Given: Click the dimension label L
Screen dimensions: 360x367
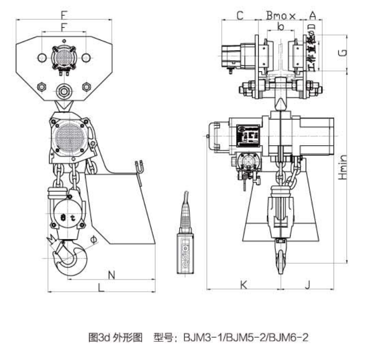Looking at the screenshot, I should pyautogui.click(x=101, y=287).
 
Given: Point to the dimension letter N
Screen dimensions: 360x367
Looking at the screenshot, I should pyautogui.click(x=112, y=274).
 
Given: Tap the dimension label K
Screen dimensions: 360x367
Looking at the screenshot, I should pyautogui.click(x=243, y=285).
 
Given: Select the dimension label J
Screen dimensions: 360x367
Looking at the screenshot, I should pyautogui.click(x=307, y=285).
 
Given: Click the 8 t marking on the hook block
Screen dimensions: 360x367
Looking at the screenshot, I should pyautogui.click(x=66, y=217).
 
